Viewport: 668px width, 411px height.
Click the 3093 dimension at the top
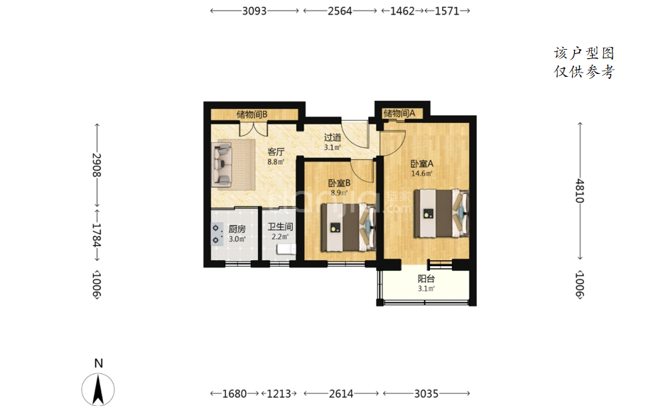coord(254,11)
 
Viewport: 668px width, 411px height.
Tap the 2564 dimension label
coord(340,11)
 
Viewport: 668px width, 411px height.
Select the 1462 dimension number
coord(402,11)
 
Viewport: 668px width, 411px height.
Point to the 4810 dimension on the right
coord(580,191)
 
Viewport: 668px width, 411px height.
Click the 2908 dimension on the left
coord(97,165)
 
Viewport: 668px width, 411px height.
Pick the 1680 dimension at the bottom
coord(235,393)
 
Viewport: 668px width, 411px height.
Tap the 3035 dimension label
coord(426,393)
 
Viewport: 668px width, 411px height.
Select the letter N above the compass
coord(98,363)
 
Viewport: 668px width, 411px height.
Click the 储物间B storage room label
coord(252,114)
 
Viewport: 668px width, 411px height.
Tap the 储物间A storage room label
coord(399,113)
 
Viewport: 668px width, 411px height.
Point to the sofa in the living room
coord(222,164)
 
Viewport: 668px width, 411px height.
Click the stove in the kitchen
coord(217,234)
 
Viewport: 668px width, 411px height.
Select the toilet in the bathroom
coord(286,250)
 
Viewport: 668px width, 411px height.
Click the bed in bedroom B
coord(348,227)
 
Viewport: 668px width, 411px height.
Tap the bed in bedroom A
coord(441,213)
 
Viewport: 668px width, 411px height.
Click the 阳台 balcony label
coord(426,279)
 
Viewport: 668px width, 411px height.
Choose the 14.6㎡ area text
coord(421,174)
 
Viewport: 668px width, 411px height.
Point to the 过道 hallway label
coord(333,137)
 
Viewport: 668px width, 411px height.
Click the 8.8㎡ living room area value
coord(276,162)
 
